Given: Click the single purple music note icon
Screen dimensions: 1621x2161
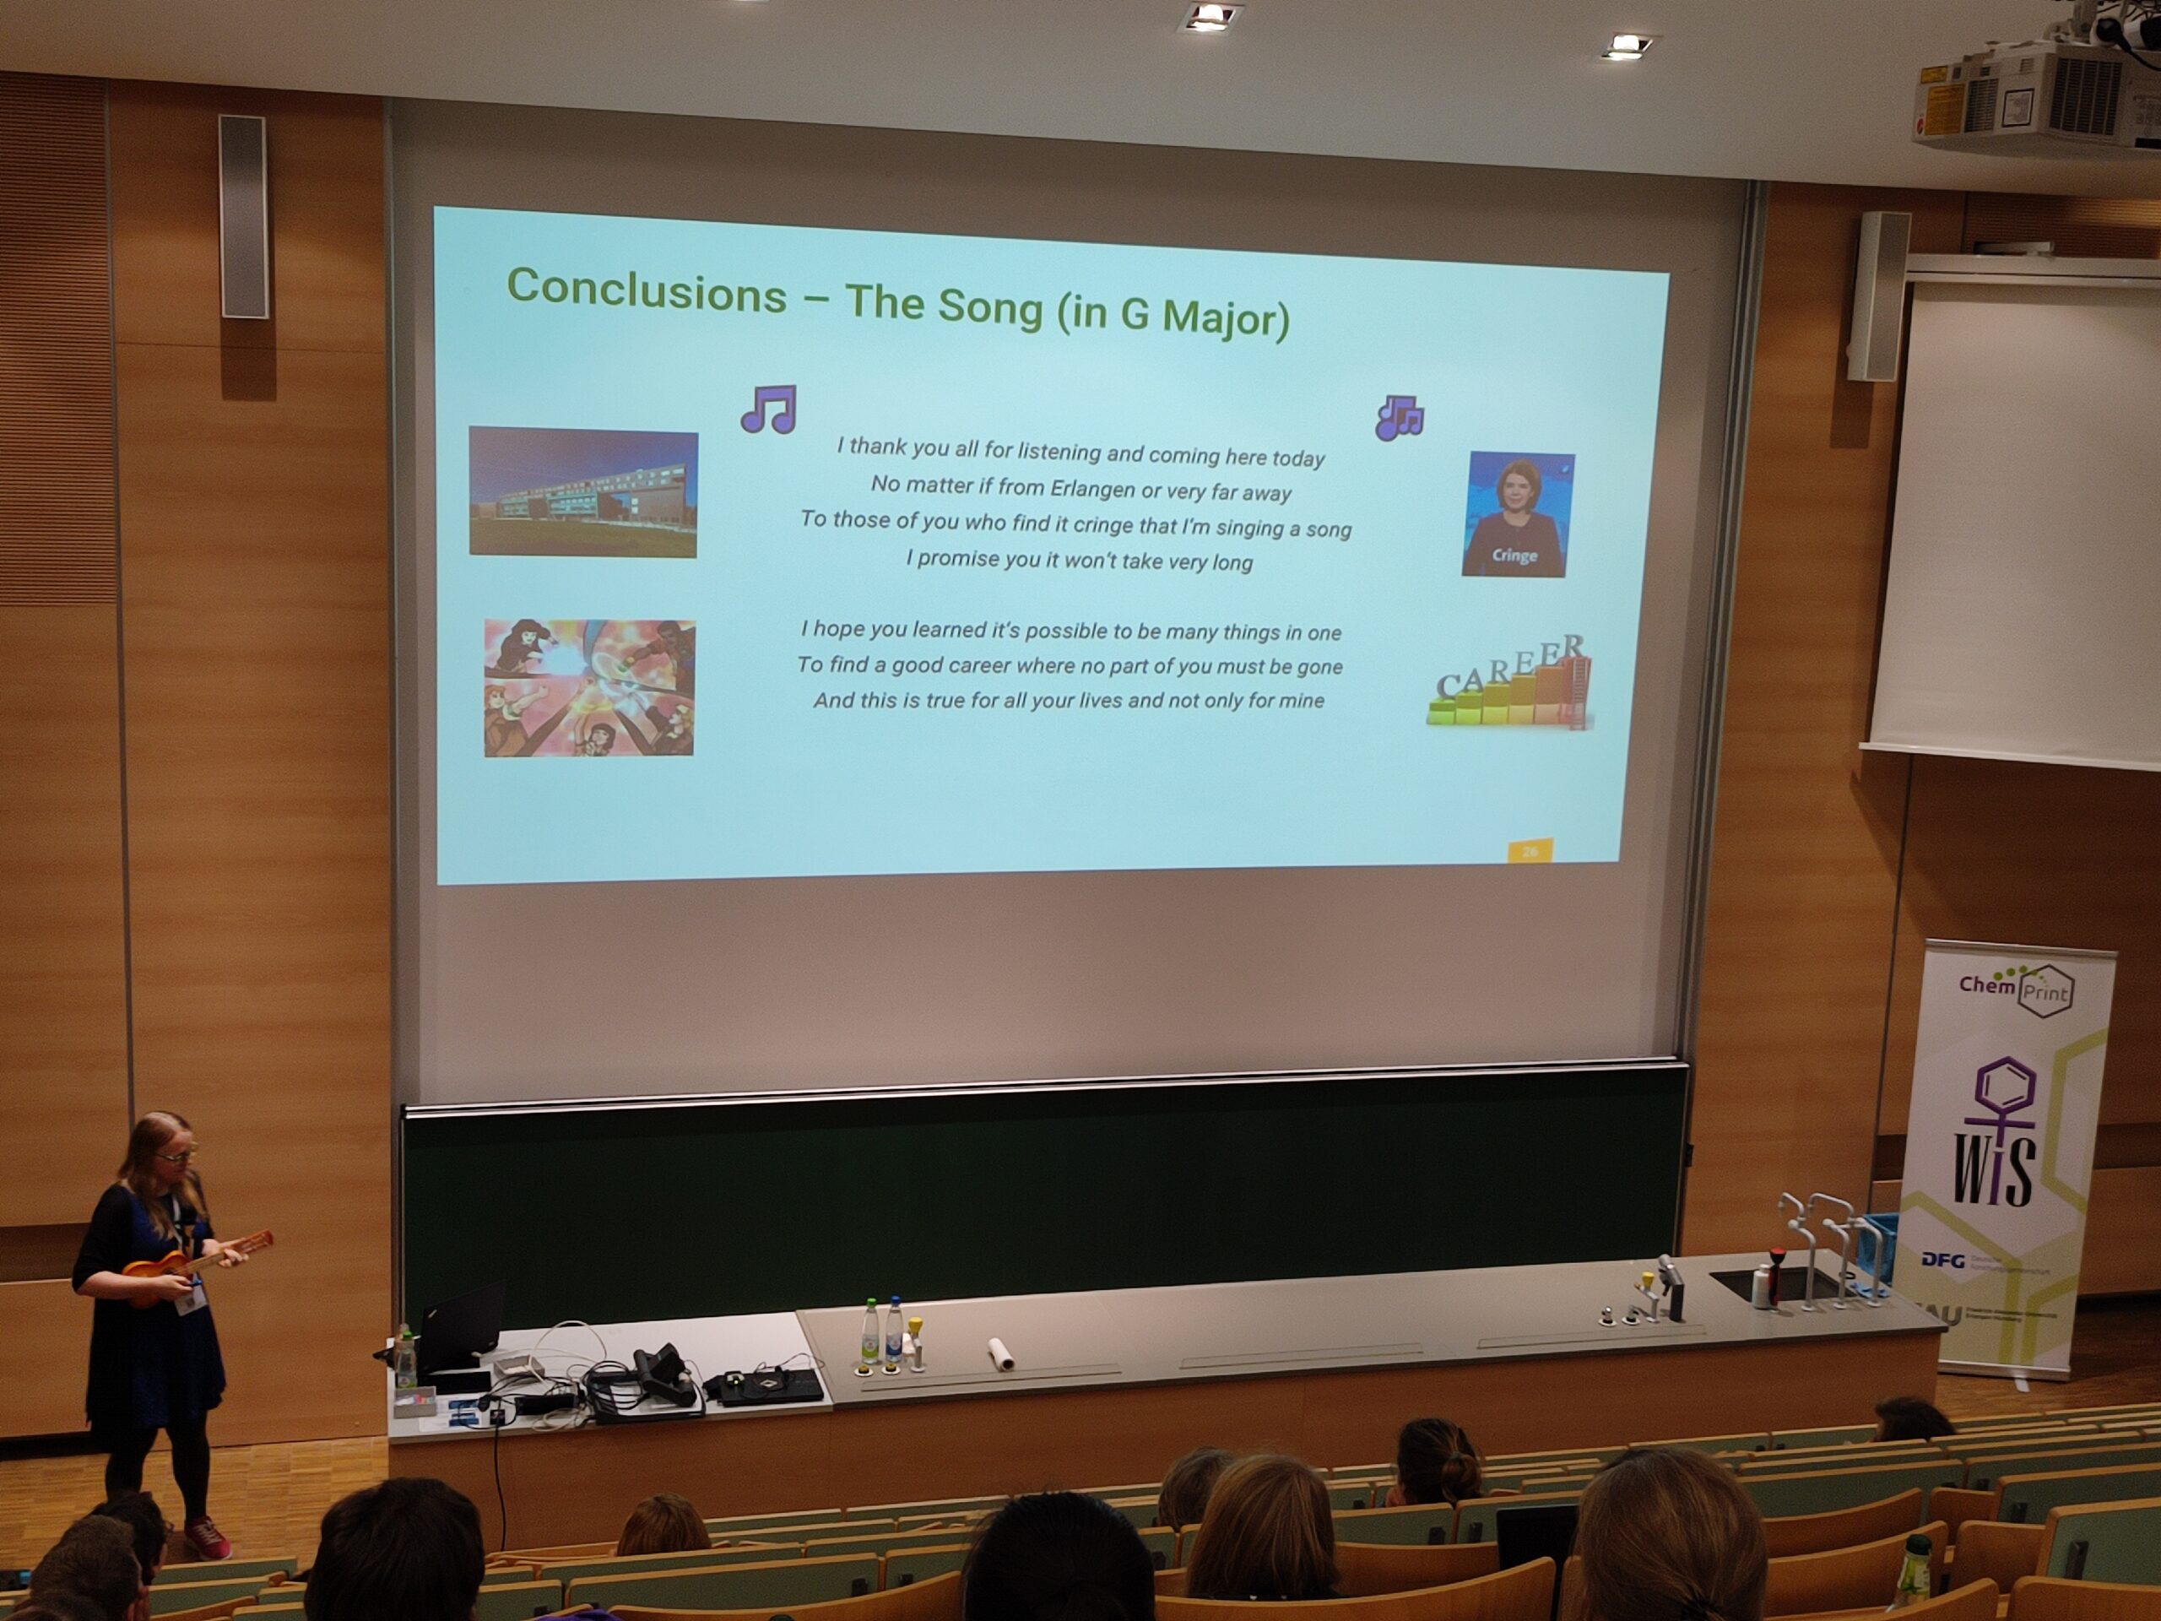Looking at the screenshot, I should pyautogui.click(x=768, y=409).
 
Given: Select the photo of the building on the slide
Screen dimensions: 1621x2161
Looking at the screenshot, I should pyautogui.click(x=583, y=492).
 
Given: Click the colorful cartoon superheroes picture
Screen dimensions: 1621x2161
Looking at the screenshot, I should pyautogui.click(x=589, y=688).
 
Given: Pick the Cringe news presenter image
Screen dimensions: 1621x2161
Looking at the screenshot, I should pyautogui.click(x=1517, y=514).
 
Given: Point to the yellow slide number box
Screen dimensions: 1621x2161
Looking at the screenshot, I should pyautogui.click(x=1530, y=851).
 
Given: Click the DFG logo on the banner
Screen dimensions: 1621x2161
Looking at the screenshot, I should pyautogui.click(x=1942, y=1260).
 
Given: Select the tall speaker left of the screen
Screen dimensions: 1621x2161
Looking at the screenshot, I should pyautogui.click(x=243, y=216).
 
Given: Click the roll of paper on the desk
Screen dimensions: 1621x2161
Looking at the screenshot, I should pyautogui.click(x=1001, y=1353).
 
